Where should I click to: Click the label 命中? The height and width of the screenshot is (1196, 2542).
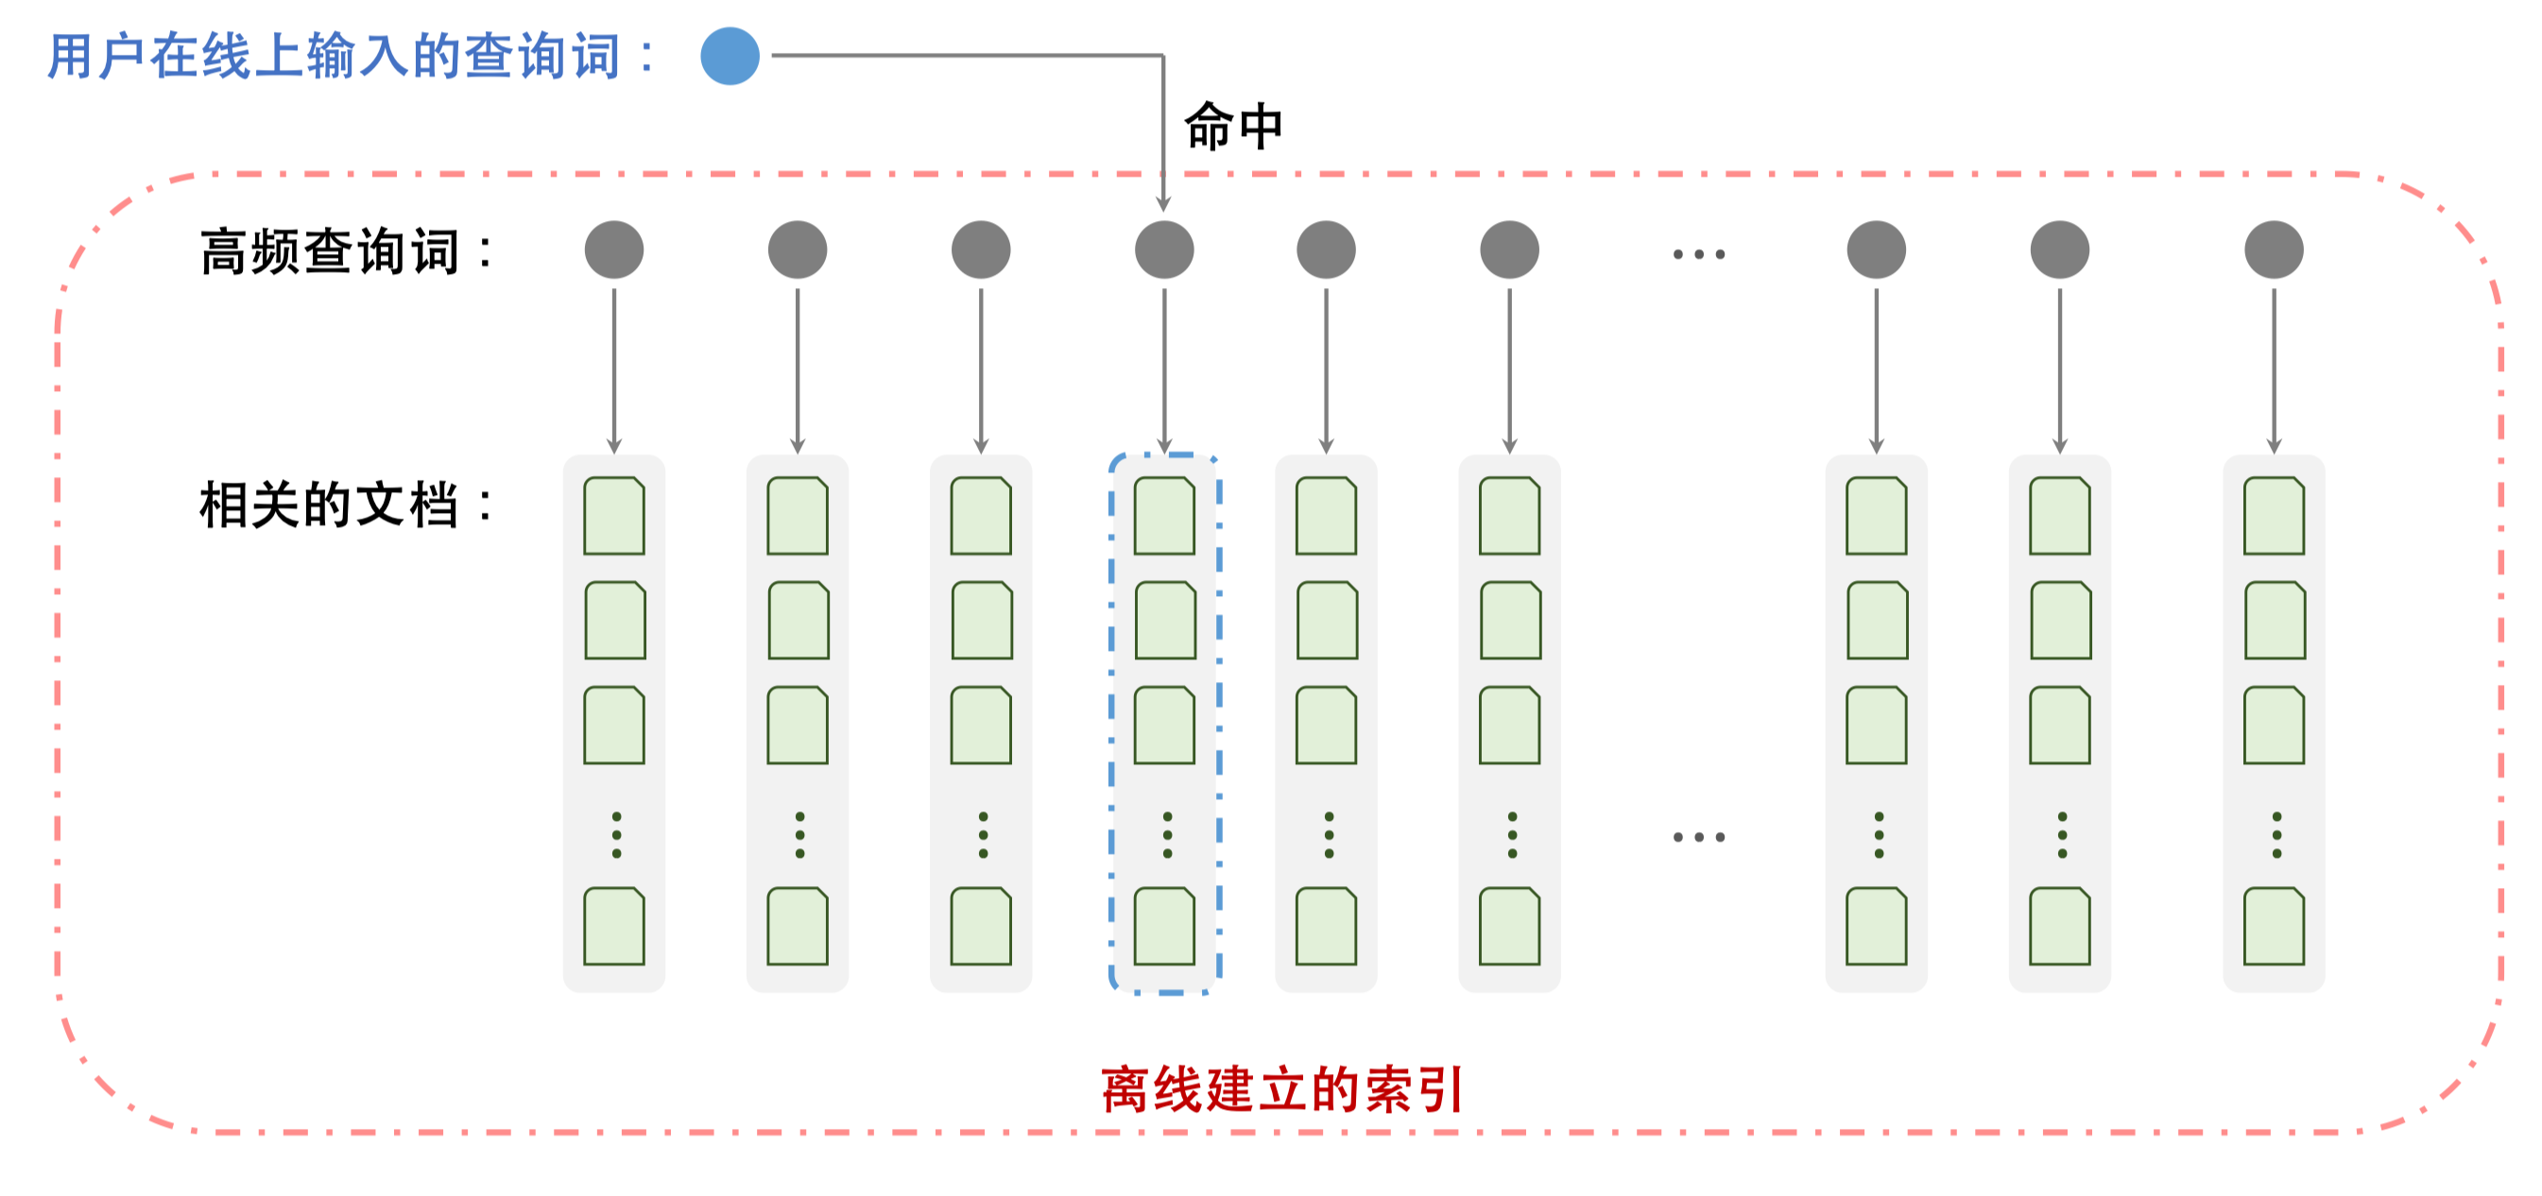coord(1232,128)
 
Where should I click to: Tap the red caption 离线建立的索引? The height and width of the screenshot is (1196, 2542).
coord(1281,1089)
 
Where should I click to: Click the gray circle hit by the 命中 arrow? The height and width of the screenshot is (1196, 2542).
coord(1164,249)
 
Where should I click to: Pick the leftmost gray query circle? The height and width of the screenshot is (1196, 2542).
coord(614,249)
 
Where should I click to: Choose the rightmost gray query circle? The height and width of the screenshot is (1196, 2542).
coord(2274,249)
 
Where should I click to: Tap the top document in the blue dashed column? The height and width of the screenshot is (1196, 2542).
coord(1164,516)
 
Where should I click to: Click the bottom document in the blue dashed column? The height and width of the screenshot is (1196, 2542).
coord(1164,926)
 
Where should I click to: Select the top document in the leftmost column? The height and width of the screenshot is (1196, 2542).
coord(614,516)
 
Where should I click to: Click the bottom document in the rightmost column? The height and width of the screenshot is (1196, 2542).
coord(2274,926)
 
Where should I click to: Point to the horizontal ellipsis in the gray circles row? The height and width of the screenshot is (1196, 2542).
coord(1698,253)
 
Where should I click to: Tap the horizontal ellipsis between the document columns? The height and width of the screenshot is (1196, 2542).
coord(1698,837)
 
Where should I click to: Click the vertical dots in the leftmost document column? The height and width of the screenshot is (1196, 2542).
coord(617,835)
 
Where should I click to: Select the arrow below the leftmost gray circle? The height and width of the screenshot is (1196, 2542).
coord(614,370)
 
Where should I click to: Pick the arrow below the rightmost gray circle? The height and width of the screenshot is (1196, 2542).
coord(2274,370)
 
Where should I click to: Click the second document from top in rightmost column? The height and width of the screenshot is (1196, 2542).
coord(2275,621)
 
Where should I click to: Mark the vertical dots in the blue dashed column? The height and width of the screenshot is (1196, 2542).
coord(1167,835)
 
